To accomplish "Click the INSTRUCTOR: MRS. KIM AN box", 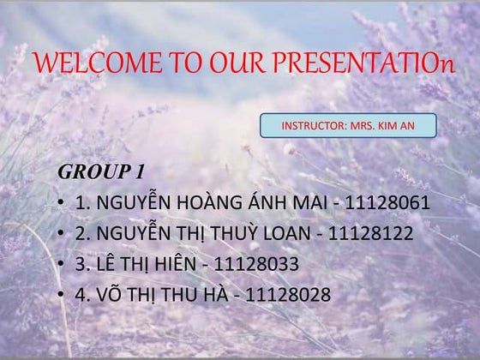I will pos(348,126).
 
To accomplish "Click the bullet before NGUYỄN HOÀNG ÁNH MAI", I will pos(63,205).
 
